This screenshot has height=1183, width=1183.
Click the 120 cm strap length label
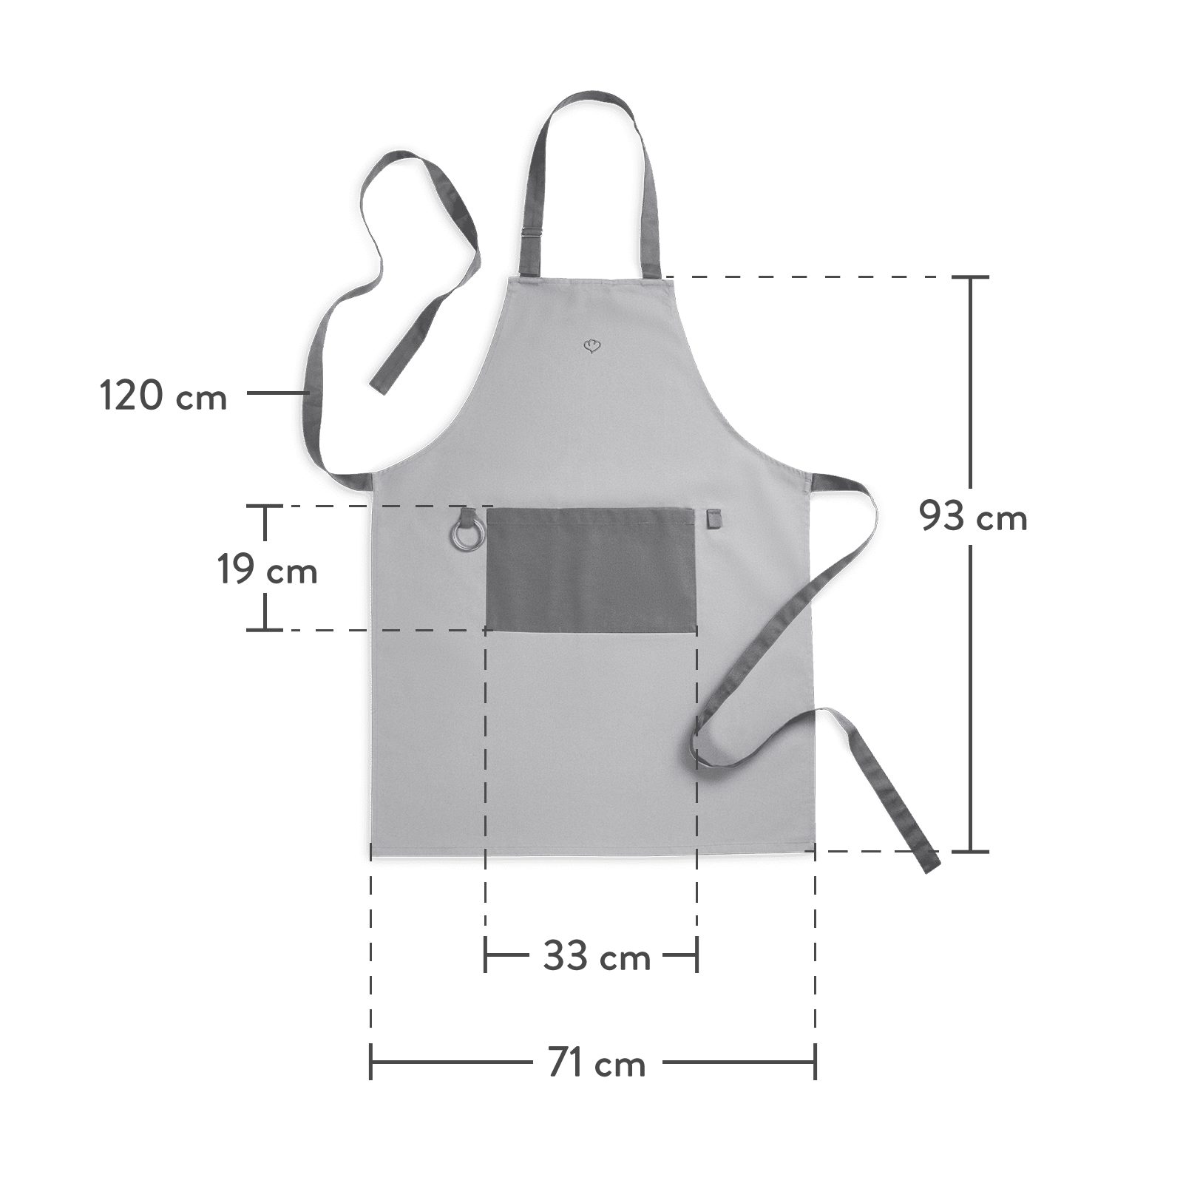[163, 396]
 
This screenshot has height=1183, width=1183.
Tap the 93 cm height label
[973, 515]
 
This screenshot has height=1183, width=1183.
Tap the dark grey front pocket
[591, 569]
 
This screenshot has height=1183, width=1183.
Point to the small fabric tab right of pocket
[713, 518]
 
